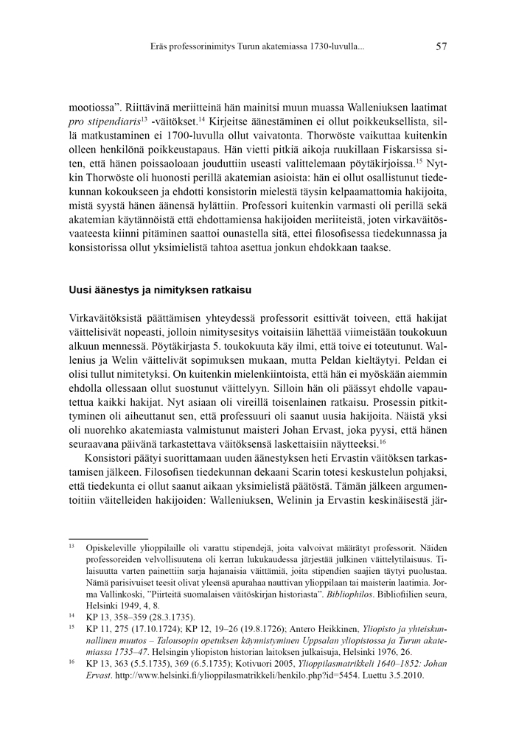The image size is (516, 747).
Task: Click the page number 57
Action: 442,46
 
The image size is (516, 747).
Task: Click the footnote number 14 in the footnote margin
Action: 72,614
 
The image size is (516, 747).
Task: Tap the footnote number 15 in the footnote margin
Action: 72,627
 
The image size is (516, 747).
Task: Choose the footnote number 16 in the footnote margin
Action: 72,663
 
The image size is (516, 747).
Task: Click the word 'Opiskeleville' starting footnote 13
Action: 112,548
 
